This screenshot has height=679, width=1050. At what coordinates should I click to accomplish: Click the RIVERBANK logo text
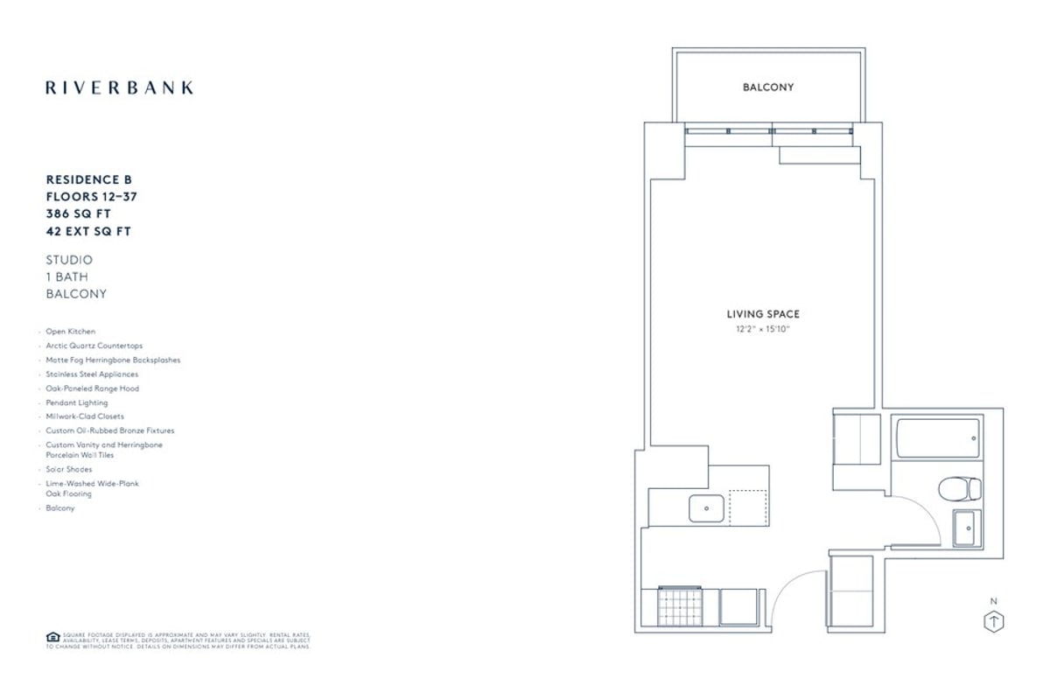(119, 87)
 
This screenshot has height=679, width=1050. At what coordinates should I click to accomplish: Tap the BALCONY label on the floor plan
(767, 87)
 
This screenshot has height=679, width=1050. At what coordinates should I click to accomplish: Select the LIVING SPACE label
(763, 314)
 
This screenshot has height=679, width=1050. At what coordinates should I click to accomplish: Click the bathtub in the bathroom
(937, 438)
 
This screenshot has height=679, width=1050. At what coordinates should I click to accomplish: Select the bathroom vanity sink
(966, 527)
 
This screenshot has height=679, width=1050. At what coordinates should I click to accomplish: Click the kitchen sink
(706, 508)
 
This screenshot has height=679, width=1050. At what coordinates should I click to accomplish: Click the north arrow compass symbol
(994, 621)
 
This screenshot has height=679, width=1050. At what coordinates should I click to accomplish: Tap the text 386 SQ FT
(79, 214)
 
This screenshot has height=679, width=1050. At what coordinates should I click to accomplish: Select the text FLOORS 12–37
(91, 197)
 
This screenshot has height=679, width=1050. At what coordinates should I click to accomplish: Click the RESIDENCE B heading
(88, 179)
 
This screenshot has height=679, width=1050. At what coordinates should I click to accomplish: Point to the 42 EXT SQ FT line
(88, 232)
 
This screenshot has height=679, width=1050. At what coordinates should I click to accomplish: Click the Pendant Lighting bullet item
(77, 402)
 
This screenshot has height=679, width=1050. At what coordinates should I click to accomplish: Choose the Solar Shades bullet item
(69, 469)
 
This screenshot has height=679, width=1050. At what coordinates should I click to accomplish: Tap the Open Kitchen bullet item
(71, 332)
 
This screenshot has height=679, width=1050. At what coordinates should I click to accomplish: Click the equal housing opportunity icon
(51, 638)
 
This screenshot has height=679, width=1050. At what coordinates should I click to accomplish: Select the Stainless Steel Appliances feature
(92, 374)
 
